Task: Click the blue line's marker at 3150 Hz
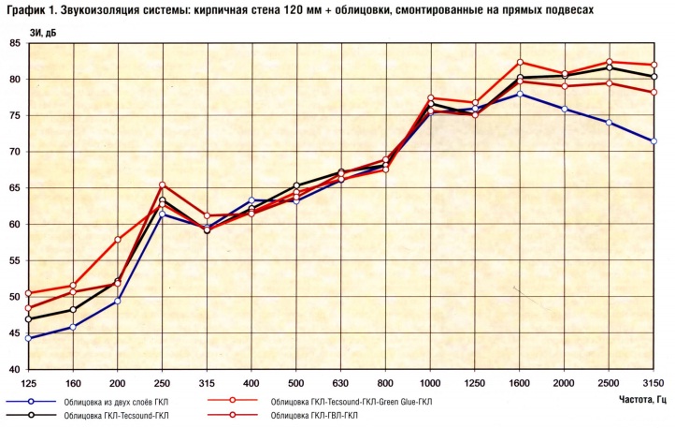click(653, 141)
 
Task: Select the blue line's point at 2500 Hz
click(610, 123)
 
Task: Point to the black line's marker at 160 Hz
click(73, 310)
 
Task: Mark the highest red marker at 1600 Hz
click(520, 62)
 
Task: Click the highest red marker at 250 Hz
click(162, 184)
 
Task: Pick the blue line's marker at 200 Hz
click(118, 302)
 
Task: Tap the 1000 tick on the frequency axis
click(430, 384)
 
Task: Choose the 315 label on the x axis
click(207, 384)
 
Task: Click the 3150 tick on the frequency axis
click(653, 384)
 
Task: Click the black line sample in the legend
click(28, 414)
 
